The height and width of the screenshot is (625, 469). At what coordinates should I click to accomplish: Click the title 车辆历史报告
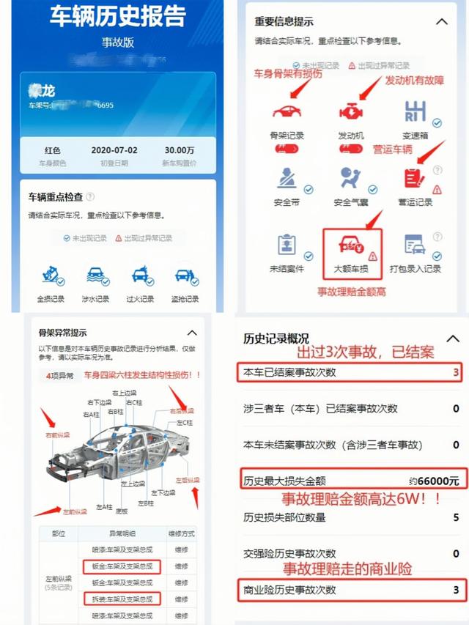(117, 15)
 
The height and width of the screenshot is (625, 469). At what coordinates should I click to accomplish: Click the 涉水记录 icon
(95, 276)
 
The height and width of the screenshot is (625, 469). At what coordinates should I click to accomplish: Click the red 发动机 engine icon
(350, 111)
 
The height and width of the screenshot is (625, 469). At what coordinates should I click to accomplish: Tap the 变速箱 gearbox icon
(415, 111)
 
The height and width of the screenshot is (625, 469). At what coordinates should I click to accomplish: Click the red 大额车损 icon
(350, 245)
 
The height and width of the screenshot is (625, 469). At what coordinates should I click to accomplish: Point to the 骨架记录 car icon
(287, 111)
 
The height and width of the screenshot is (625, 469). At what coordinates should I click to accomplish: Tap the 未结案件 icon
(287, 245)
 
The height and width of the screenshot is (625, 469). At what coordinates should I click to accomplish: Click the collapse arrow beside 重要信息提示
(441, 22)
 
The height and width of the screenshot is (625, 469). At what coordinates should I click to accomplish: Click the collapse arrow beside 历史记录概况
(442, 338)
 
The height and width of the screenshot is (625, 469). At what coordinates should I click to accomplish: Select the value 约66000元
(434, 481)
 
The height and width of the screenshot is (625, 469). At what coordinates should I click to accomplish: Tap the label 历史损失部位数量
(284, 517)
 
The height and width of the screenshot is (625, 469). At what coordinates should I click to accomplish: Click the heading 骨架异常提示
(67, 333)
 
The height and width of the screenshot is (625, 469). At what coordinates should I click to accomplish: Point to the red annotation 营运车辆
(393, 149)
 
